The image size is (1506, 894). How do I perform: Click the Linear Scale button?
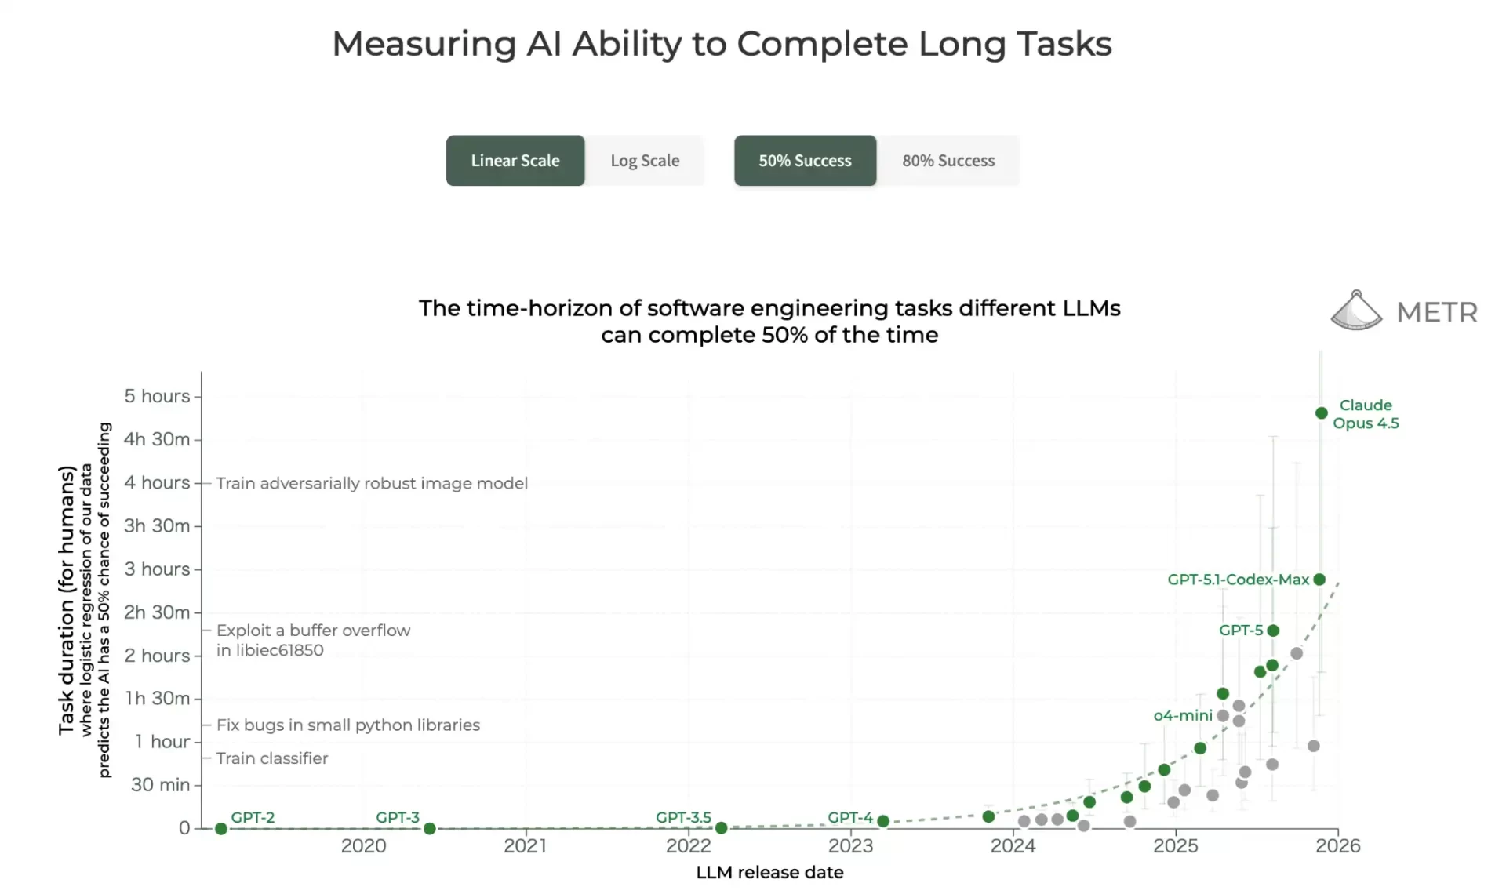515,161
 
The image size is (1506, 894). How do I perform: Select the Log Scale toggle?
645,161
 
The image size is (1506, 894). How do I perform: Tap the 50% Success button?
805,161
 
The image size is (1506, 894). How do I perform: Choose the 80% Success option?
948,161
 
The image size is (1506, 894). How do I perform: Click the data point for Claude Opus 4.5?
1322,413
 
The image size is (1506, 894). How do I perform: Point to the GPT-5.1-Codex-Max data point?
1319,580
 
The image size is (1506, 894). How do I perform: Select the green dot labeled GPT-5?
1273,631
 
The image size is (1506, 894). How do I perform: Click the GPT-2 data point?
221,829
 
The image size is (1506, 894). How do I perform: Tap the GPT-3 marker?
430,829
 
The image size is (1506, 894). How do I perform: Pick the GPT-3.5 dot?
722,828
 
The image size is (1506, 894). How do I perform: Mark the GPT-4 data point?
883,821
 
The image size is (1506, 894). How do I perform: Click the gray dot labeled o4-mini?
1223,716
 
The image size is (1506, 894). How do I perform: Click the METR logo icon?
1356,311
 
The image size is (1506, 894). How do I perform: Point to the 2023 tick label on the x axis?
850,846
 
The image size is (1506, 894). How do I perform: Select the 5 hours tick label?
157,396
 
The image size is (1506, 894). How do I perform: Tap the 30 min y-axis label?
160,785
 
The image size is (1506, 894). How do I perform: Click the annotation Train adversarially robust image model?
372,483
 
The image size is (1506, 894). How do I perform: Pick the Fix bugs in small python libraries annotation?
348,725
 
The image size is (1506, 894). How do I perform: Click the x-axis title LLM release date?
769,873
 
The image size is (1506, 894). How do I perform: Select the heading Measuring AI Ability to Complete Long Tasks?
722,44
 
